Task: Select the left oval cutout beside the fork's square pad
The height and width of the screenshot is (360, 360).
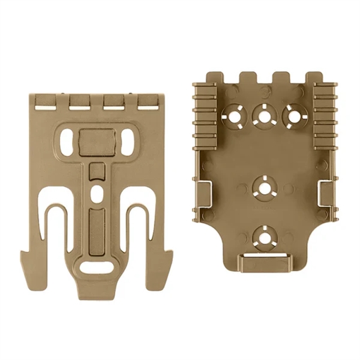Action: click(68, 141)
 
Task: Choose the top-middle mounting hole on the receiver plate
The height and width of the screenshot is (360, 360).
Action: click(264, 114)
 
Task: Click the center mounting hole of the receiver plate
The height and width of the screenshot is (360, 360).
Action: click(264, 187)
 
